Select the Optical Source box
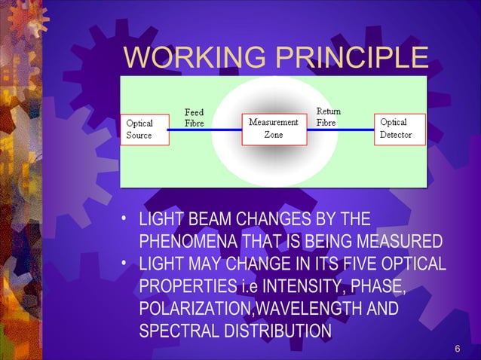pos(145,130)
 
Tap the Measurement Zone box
pos(274,129)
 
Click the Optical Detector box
pos(400,129)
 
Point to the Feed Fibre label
pos(194,117)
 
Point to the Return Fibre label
pos(328,117)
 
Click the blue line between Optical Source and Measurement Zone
pos(205,130)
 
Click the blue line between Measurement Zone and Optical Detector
pos(340,130)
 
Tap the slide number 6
pos(458,348)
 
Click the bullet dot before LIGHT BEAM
pos(124,221)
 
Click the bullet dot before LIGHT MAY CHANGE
pos(124,266)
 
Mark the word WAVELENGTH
pos(309,310)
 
